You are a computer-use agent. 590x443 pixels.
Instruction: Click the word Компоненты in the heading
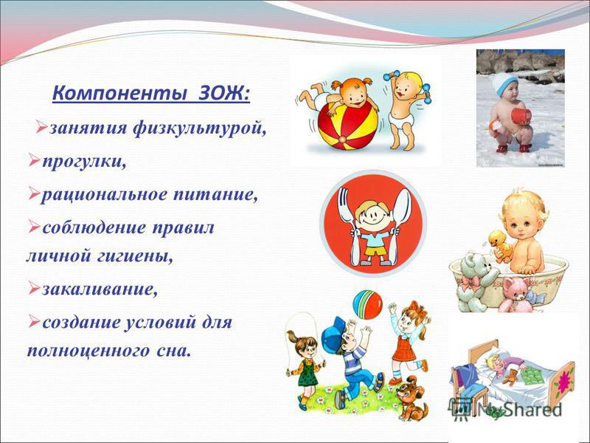pos(119,94)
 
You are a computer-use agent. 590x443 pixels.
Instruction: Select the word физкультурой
pos(199,128)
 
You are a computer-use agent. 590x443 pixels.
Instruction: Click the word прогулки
pos(83,162)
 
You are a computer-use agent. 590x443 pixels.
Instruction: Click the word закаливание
pos(100,289)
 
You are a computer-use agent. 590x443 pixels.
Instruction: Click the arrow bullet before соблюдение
pos(34,226)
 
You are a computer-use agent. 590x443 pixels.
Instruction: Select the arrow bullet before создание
pos(34,321)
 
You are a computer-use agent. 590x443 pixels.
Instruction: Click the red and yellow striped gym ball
pos(347,126)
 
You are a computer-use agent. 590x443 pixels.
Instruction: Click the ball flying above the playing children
pos(367,305)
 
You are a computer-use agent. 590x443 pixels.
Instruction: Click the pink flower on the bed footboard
pos(563,381)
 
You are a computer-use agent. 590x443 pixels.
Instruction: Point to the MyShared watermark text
pos(523,410)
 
